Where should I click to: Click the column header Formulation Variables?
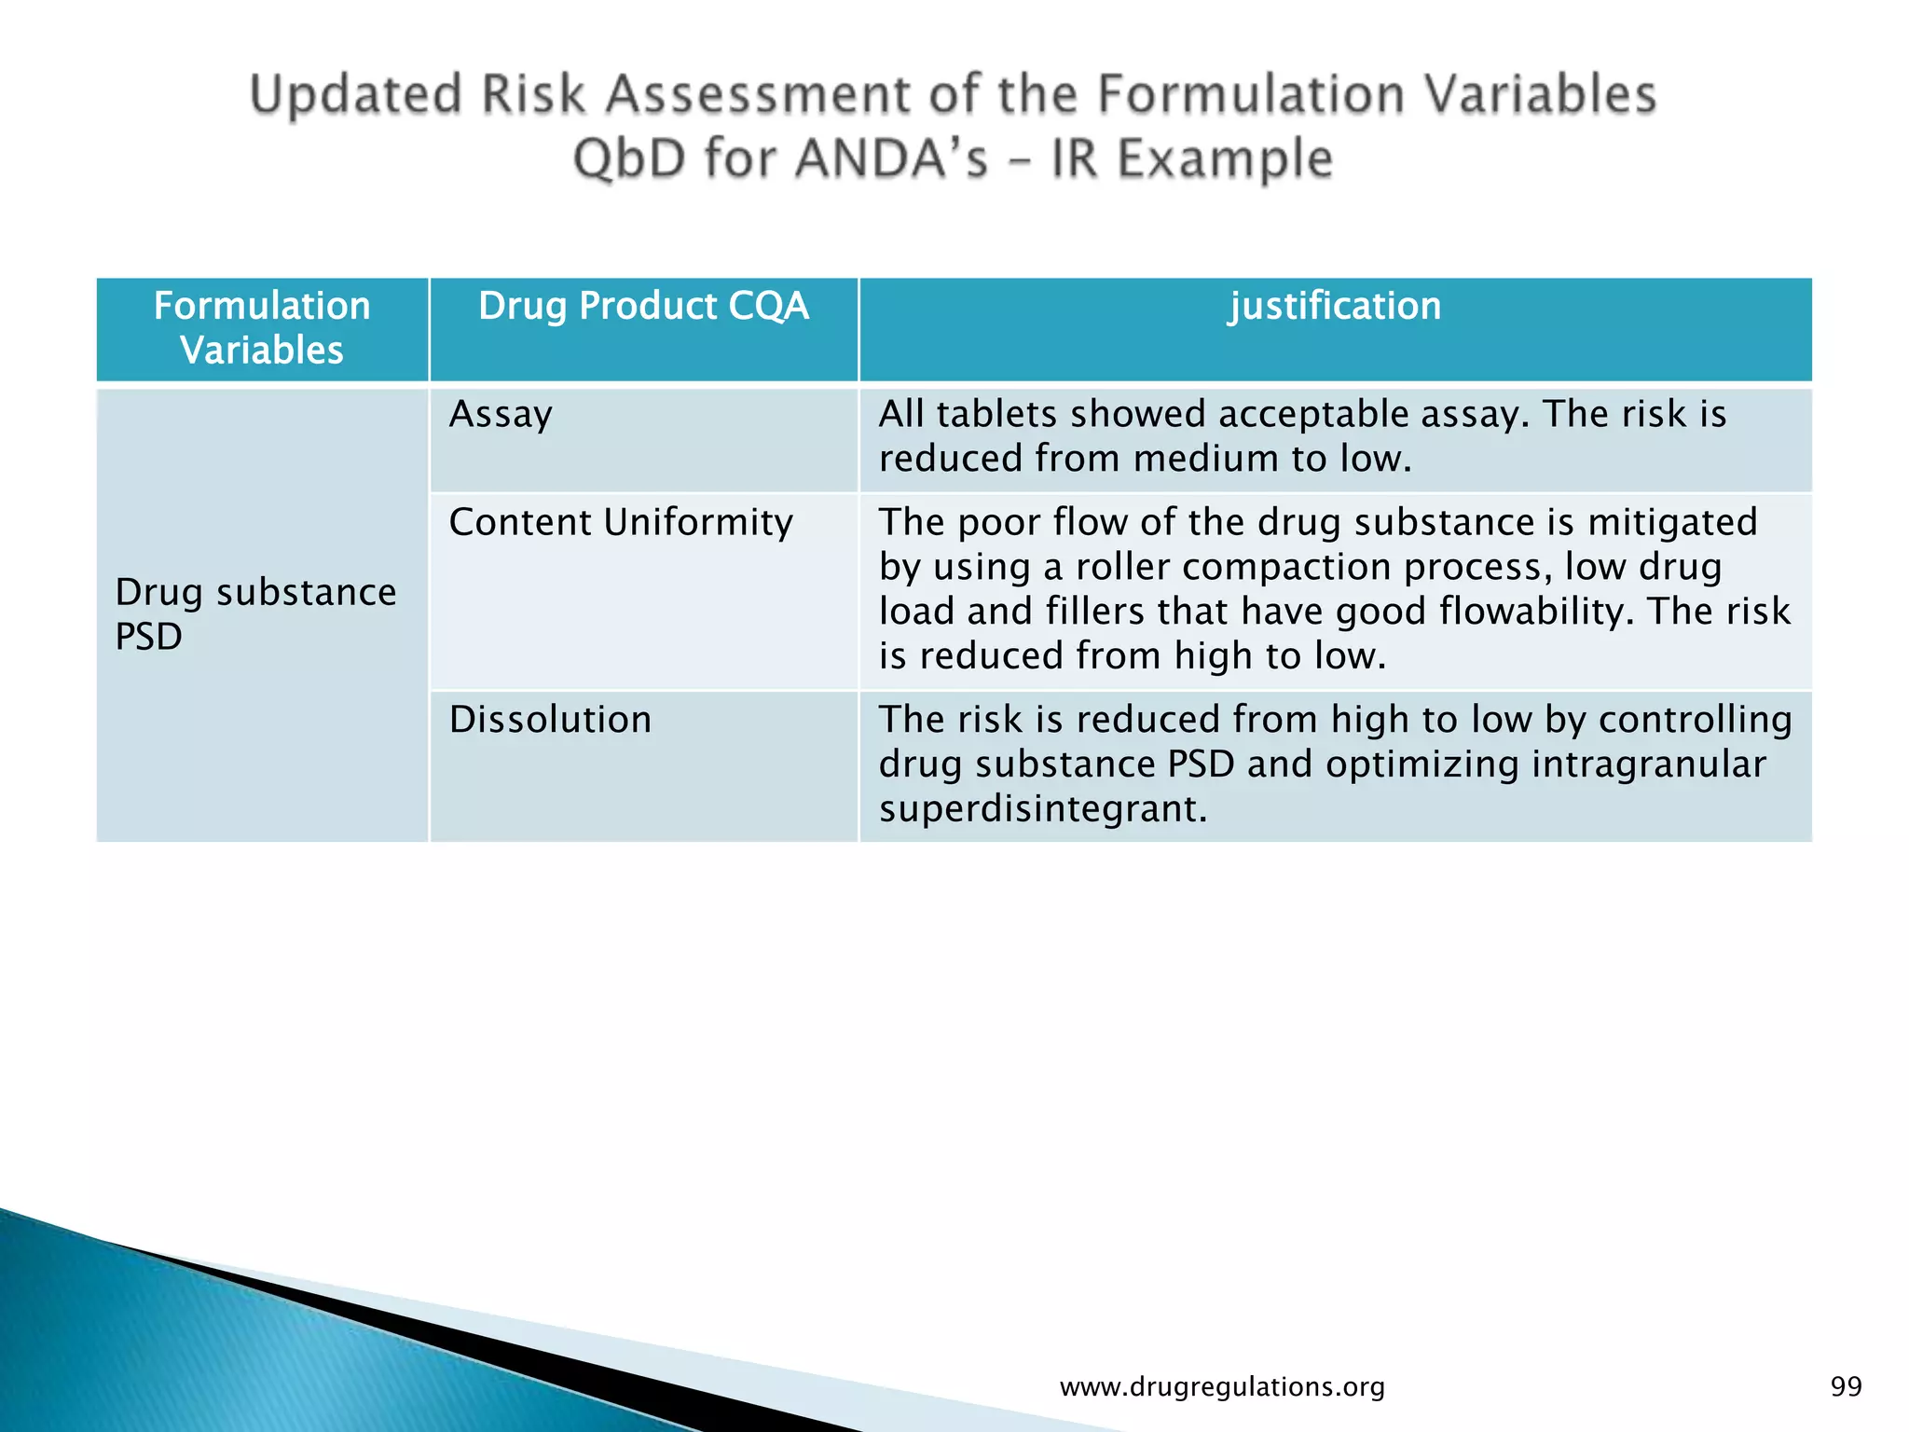click(x=262, y=328)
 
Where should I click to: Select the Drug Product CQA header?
click(x=643, y=307)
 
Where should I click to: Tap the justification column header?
click(x=1335, y=307)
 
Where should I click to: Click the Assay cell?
click(x=501, y=415)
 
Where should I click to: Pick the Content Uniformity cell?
click(x=621, y=522)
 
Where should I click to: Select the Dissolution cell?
click(x=550, y=720)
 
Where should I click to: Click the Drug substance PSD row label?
click(x=254, y=614)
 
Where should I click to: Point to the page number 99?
click(x=1846, y=1386)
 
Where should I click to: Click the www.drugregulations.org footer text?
click(x=1222, y=1386)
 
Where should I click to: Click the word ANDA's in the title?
click(x=891, y=158)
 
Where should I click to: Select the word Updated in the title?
click(x=356, y=95)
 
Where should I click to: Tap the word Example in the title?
click(x=1225, y=158)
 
